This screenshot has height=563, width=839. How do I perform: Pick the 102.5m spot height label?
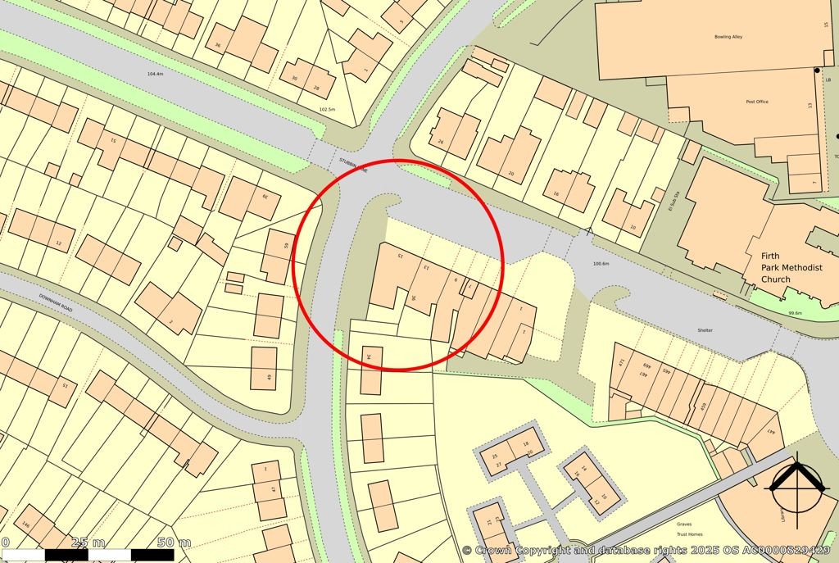click(327, 109)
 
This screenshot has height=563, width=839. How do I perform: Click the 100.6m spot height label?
click(601, 264)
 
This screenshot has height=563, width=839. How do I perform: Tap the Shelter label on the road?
click(683, 330)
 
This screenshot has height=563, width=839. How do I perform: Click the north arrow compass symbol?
click(796, 487)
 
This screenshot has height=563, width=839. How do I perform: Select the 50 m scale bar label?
click(174, 543)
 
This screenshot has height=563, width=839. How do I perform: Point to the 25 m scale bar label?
click(88, 543)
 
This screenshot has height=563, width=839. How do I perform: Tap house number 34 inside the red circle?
click(369, 357)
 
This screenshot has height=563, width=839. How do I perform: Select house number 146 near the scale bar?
click(25, 524)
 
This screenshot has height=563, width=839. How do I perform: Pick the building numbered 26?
click(440, 142)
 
